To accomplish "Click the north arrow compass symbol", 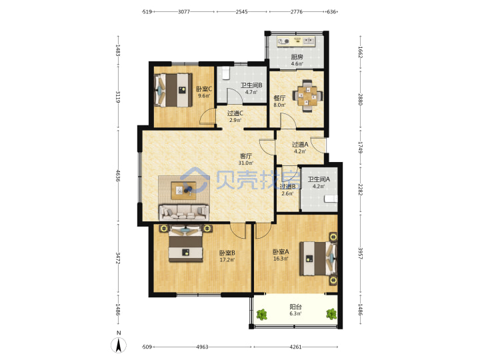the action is tap(119, 345).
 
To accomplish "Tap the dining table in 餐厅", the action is tap(308, 96).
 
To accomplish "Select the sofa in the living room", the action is tap(184, 212).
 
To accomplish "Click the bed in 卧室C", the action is tap(173, 90).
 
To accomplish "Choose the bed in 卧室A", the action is tap(319, 259).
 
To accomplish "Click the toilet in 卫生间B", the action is tap(225, 73).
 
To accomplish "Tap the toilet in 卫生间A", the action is tap(331, 199).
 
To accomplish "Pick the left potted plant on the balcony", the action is tap(261, 315).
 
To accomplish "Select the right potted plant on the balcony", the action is tap(331, 314).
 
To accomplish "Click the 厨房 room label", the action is tap(297, 57).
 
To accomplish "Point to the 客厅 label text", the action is tap(246, 156).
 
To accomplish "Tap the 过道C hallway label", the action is tap(235, 113).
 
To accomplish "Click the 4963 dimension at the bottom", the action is tap(202, 347).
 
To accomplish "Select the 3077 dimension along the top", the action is tap(184, 12).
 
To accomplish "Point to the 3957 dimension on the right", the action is tap(360, 253).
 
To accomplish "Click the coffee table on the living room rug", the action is tap(184, 191).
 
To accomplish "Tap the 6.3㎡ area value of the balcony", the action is tap(295, 314).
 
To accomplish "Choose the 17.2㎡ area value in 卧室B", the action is tap(227, 260).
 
